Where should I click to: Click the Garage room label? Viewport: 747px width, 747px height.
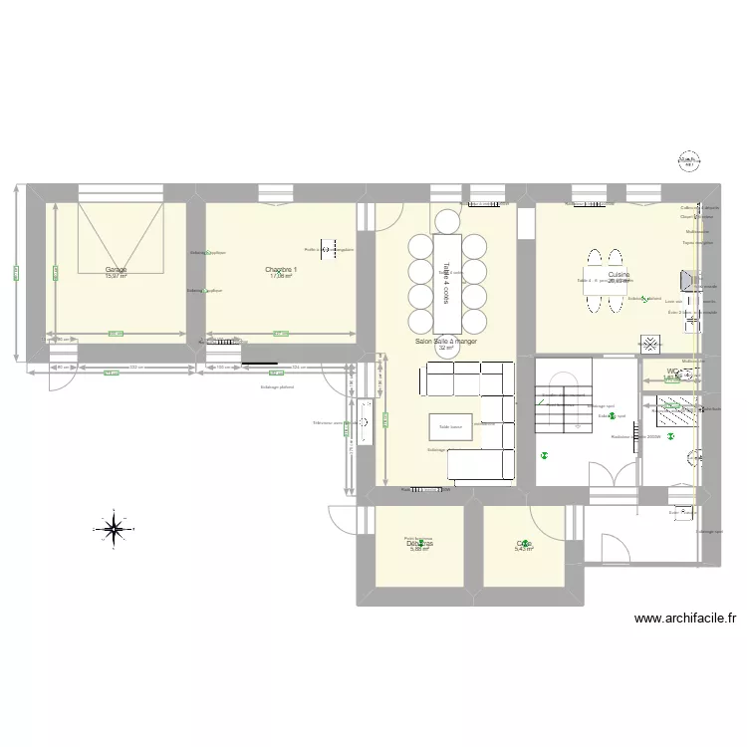(x=116, y=270)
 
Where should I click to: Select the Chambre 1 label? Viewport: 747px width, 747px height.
(x=282, y=270)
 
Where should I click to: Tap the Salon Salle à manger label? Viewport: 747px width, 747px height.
(x=446, y=341)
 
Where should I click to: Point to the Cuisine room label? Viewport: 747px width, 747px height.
(x=619, y=274)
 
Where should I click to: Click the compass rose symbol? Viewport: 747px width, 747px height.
(x=114, y=528)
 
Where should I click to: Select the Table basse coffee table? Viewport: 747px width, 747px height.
(x=449, y=426)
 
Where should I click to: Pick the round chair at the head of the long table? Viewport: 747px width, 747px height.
(x=446, y=221)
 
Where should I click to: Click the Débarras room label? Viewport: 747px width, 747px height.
(x=419, y=544)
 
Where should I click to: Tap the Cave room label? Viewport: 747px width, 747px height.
(x=524, y=544)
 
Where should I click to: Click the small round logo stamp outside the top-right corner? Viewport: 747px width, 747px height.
(x=688, y=159)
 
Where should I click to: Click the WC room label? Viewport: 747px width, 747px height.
(x=672, y=373)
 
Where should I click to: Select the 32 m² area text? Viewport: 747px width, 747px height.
(x=446, y=348)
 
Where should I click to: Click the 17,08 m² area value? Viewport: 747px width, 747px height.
(x=282, y=277)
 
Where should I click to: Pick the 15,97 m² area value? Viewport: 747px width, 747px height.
(x=116, y=277)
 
